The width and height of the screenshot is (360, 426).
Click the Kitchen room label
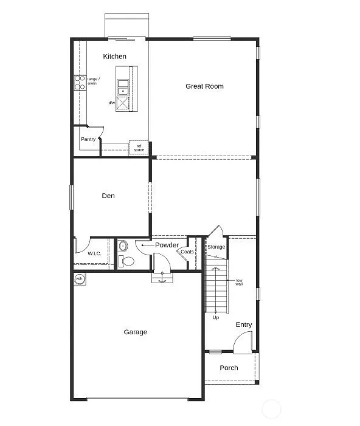click(x=114, y=57)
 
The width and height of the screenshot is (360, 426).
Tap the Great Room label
click(x=204, y=86)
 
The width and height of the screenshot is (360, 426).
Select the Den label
click(x=108, y=196)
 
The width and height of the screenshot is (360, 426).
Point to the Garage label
click(x=135, y=332)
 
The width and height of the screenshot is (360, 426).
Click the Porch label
click(x=229, y=368)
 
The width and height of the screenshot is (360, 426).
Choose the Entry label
click(x=244, y=325)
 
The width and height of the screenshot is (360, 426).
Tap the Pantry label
click(x=88, y=139)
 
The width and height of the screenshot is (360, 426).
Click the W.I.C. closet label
click(x=94, y=253)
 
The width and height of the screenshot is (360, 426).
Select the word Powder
click(x=167, y=245)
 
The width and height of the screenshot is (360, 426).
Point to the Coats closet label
click(x=187, y=252)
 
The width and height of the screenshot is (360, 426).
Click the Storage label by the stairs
click(x=216, y=247)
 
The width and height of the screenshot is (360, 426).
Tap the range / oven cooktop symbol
click(x=79, y=82)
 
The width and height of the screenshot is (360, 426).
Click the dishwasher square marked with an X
click(x=124, y=103)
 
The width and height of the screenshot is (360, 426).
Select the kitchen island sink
click(x=123, y=87)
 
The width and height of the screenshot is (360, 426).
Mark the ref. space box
click(x=139, y=148)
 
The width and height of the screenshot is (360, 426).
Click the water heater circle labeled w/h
click(x=79, y=279)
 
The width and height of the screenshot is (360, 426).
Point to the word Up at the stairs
click(x=215, y=317)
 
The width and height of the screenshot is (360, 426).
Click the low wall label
click(x=240, y=282)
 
